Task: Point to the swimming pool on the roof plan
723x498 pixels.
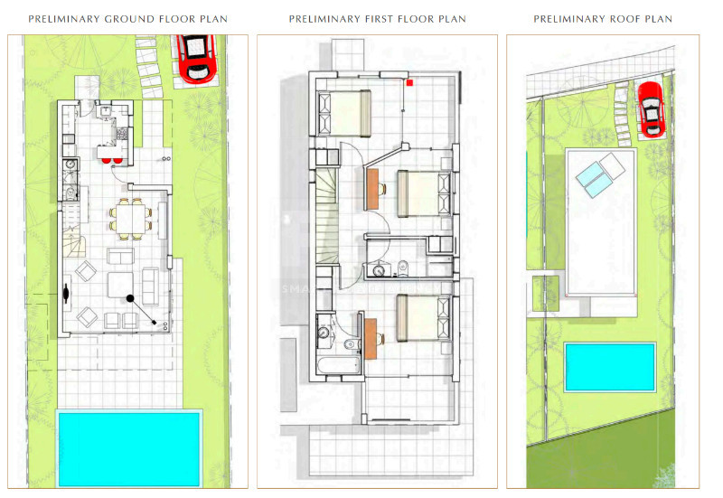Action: (610, 366)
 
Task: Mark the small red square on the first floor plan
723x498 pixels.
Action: (409, 83)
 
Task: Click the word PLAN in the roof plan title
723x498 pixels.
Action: (657, 19)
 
